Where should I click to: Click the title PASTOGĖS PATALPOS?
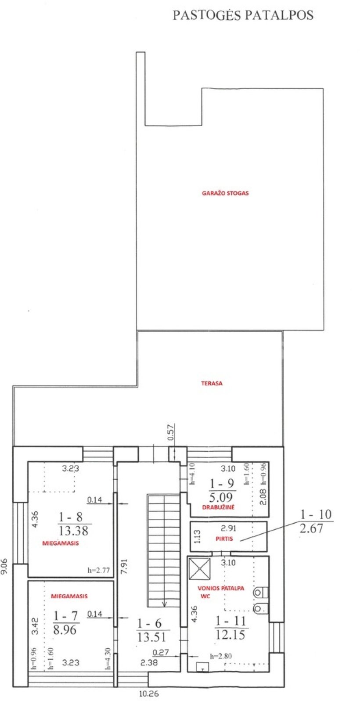(243, 15)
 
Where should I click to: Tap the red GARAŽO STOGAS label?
(225, 193)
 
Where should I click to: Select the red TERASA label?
(212, 383)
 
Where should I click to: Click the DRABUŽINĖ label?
(218, 507)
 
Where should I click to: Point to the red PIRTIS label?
(224, 539)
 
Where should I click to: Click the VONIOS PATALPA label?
(221, 588)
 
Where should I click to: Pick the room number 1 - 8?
(71, 517)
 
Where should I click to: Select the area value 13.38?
(74, 531)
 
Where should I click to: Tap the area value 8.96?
(65, 629)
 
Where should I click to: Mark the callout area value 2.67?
(311, 528)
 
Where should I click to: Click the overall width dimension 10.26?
(149, 694)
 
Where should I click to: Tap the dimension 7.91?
(124, 566)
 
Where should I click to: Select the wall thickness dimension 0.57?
(171, 432)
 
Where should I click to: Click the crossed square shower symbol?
(199, 568)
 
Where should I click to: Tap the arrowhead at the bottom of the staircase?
(165, 604)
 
